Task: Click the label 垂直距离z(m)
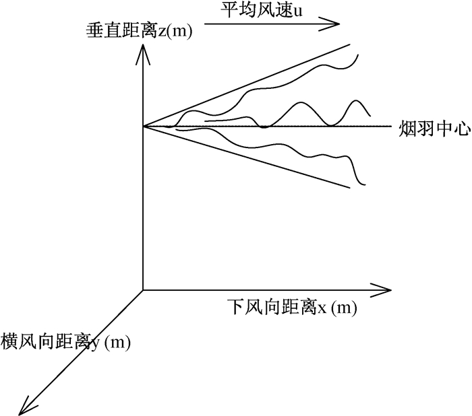pyautogui.click(x=139, y=30)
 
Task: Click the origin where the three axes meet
pyautogui.click(x=142, y=291)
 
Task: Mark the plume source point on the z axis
pyautogui.click(x=142, y=126)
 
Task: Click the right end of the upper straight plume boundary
pyautogui.click(x=351, y=44)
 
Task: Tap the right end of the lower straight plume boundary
pyautogui.click(x=350, y=187)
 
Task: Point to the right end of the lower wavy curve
pyautogui.click(x=365, y=184)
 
